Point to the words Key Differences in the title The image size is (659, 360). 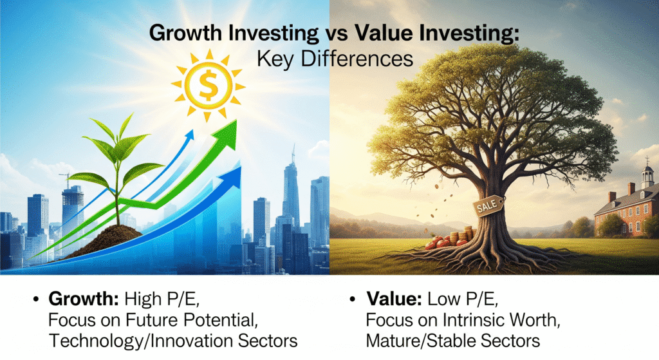tap(335, 59)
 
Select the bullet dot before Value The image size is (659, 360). tap(353, 301)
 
